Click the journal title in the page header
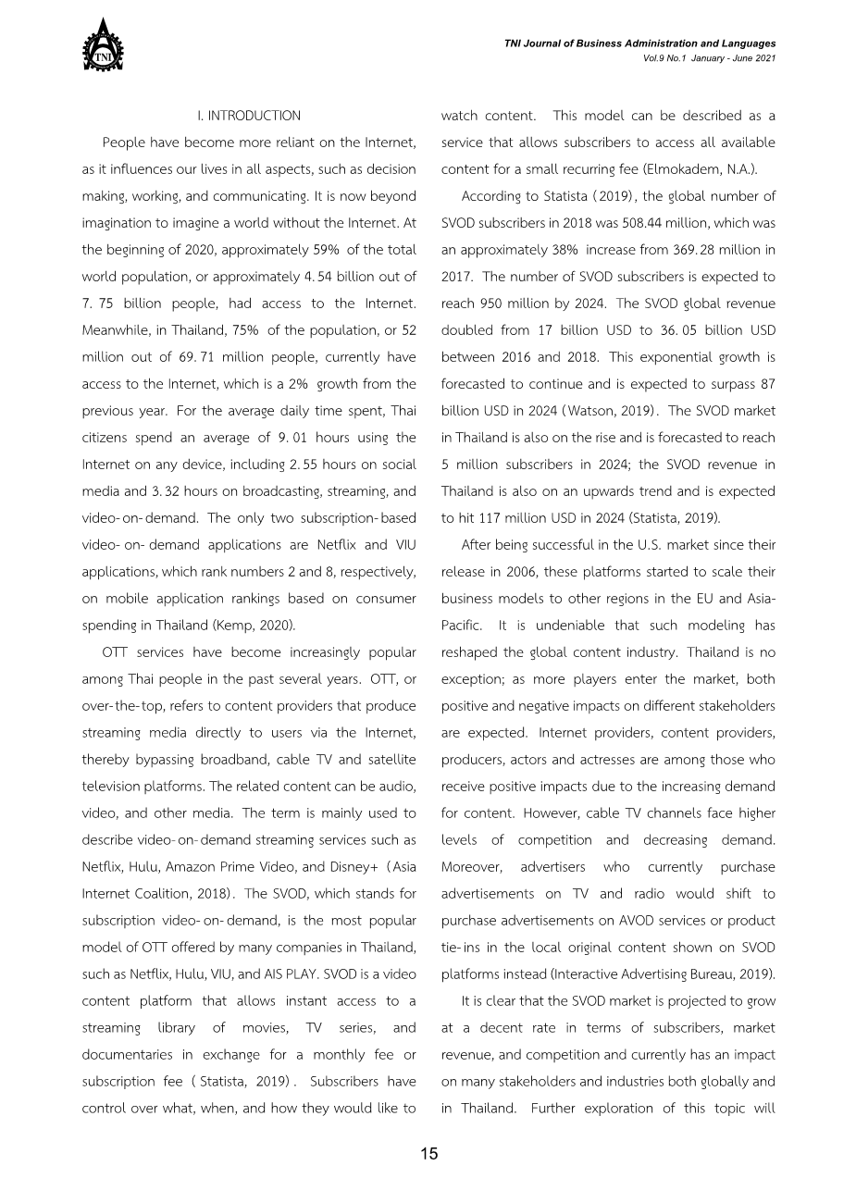coord(639,43)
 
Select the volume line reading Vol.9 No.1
coord(708,57)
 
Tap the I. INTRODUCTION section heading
coord(249,116)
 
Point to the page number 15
coord(428,1153)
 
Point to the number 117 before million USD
coord(486,518)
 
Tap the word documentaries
coord(129,1055)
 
